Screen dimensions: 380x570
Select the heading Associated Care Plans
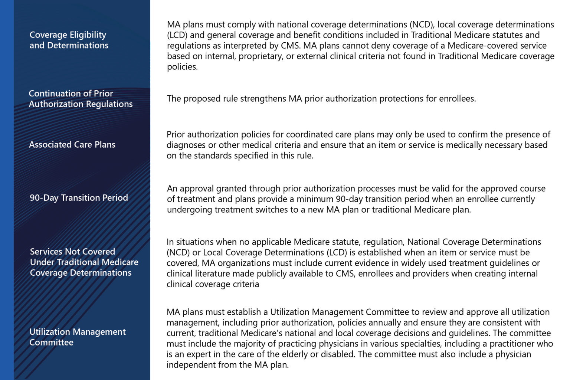click(72, 144)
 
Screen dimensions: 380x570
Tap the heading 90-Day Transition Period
click(79, 198)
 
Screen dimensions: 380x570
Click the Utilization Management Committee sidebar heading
click(77, 337)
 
